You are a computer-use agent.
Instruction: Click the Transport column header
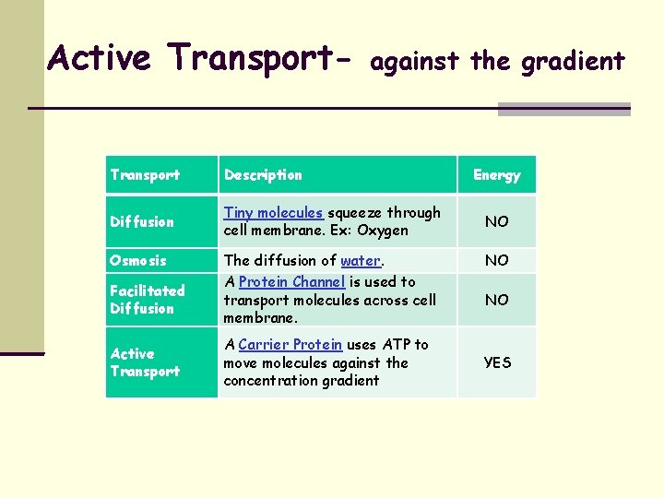click(x=145, y=175)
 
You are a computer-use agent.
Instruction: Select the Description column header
click(x=263, y=175)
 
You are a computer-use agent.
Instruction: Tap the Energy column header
click(x=497, y=175)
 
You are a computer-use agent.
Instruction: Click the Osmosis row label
click(x=138, y=261)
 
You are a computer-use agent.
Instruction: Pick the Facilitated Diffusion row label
click(x=147, y=299)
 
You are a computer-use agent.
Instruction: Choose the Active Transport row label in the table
click(x=145, y=362)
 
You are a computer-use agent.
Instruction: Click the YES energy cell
click(x=497, y=362)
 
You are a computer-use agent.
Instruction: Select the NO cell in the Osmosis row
click(x=497, y=261)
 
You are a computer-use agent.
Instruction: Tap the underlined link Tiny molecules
click(x=273, y=213)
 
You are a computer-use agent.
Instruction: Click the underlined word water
click(x=361, y=261)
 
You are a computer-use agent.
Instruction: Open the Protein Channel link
click(x=291, y=282)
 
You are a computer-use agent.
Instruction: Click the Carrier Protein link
click(x=290, y=345)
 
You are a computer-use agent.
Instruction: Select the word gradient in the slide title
click(x=573, y=62)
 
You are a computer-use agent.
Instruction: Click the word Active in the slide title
click(x=100, y=58)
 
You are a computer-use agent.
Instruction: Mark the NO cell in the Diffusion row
click(x=497, y=222)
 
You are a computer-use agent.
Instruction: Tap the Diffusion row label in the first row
click(x=142, y=222)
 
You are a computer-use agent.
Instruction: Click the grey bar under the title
click(x=563, y=110)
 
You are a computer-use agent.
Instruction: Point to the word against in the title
click(x=416, y=62)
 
